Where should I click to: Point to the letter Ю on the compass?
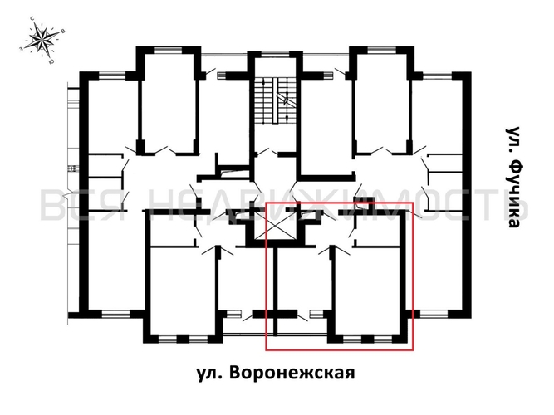[53, 61]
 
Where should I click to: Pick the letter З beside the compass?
[19, 48]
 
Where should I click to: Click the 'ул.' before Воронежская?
[212, 373]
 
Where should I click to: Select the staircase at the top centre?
[274, 101]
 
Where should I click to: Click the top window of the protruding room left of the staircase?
[169, 51]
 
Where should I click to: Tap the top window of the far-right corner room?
[437, 76]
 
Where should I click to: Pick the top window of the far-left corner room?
[113, 76]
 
